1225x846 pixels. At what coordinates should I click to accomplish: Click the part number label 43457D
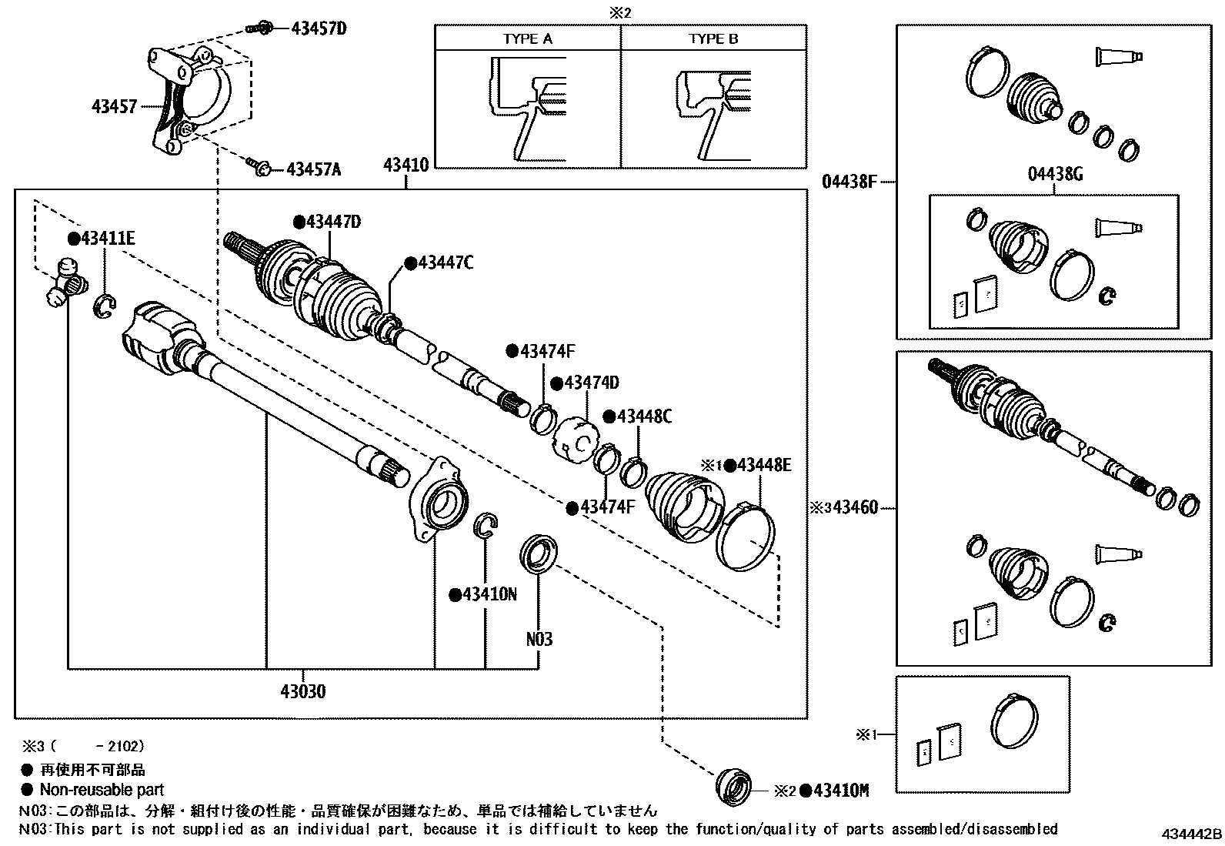click(319, 29)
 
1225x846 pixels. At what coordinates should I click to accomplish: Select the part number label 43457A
click(313, 169)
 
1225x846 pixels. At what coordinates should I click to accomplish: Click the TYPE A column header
click(528, 38)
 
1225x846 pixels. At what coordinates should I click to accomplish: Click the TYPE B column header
click(713, 38)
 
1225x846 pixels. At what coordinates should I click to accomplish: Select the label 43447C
click(445, 263)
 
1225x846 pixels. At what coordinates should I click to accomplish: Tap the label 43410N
click(489, 594)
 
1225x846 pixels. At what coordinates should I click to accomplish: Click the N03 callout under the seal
click(539, 639)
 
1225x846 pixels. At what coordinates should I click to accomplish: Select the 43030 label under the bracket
click(302, 691)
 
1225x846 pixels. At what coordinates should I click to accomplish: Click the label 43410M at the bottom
click(841, 791)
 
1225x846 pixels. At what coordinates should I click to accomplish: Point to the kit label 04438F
click(849, 182)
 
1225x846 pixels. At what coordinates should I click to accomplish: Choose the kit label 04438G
click(1055, 174)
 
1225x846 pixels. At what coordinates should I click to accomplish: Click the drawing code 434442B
click(1191, 834)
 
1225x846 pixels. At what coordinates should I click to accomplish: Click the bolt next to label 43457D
click(259, 29)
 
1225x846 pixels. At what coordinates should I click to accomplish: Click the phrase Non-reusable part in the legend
click(102, 789)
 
